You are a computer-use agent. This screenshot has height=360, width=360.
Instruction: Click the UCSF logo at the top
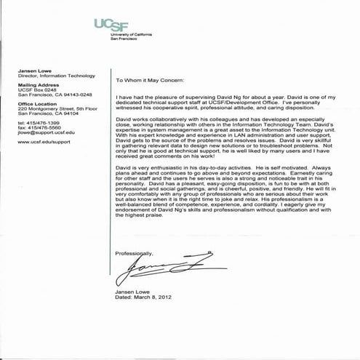(113, 25)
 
